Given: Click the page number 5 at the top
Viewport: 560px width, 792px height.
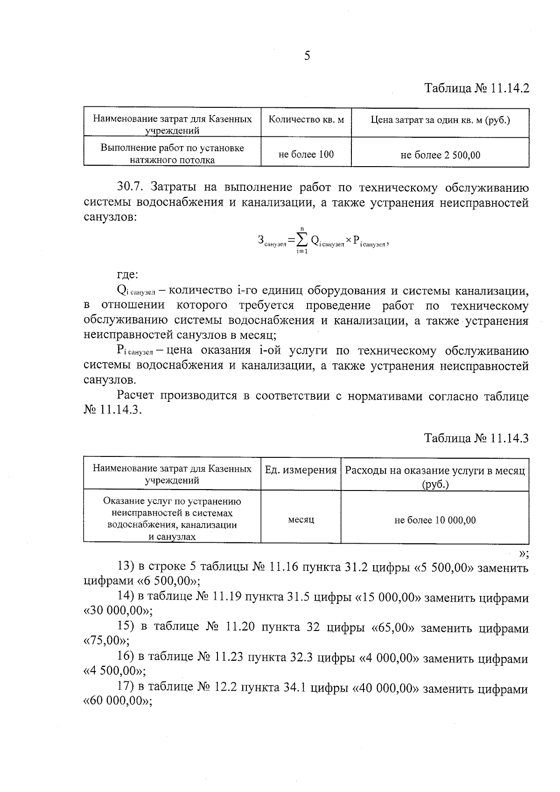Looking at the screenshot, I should click(x=307, y=56).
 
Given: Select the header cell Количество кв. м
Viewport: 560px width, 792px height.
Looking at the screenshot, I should click(x=306, y=119).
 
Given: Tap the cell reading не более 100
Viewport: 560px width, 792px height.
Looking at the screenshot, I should click(x=306, y=154).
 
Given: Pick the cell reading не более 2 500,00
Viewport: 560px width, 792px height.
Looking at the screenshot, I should click(x=440, y=155).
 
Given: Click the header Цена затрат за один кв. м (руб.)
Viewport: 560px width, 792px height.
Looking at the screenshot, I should click(x=440, y=120).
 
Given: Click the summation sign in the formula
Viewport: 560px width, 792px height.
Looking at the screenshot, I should click(x=302, y=240).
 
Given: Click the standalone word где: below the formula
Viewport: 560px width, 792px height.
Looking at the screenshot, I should click(x=127, y=275).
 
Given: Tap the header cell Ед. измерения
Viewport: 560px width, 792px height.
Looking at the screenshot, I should click(x=301, y=470).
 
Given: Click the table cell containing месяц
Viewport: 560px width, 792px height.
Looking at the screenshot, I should click(x=301, y=519).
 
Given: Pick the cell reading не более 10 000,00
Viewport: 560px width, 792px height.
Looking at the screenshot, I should click(x=435, y=520).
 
